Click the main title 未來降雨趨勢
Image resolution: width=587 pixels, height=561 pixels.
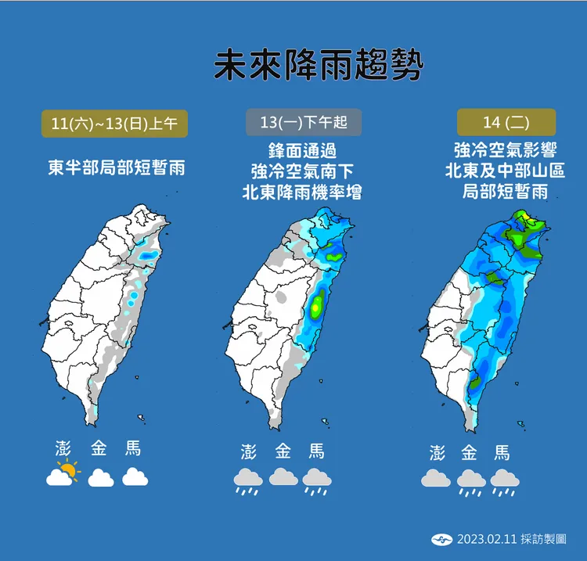coord(319,66)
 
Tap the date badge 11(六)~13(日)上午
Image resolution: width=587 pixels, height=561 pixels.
coord(114,124)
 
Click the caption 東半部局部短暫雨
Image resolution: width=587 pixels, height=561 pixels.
coord(115,167)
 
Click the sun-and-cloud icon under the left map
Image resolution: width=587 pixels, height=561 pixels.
coord(63,474)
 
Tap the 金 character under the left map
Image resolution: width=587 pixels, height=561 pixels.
coord(99,449)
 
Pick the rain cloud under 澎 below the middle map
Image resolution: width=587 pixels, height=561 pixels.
coord(248,480)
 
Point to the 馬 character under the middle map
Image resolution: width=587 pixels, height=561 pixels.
coord(316,451)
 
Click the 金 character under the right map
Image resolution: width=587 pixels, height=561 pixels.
coord(470,453)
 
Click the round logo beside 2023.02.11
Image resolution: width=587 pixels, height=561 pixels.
coord(441,539)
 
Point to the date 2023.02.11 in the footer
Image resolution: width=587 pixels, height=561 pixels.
coord(486,539)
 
